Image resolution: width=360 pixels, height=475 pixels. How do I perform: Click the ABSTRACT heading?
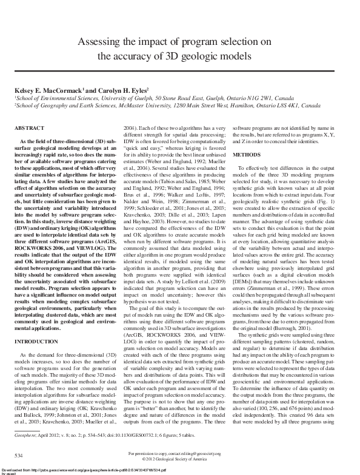[30, 129]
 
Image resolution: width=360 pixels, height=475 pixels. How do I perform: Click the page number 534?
[19, 455]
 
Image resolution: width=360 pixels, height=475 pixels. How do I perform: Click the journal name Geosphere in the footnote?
[27, 436]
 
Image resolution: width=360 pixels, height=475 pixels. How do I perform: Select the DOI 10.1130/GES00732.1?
[141, 436]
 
